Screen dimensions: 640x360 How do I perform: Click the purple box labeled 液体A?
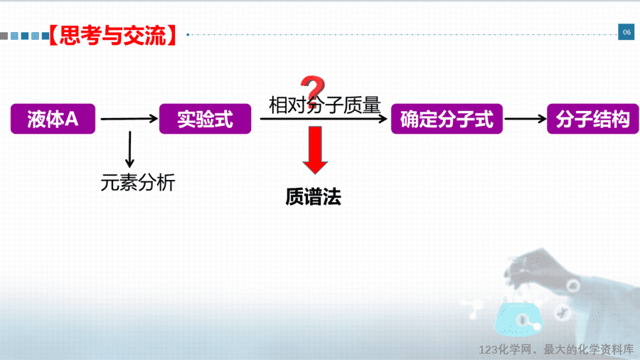53,119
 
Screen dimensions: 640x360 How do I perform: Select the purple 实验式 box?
206,119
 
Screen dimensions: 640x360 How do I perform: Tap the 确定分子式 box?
447,119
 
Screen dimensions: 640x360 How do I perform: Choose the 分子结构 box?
592,119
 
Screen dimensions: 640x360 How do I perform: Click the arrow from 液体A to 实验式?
129,119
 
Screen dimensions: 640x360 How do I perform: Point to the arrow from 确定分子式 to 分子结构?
526,119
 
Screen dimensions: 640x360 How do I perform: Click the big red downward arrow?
315,150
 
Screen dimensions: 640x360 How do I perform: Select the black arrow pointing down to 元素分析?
130,149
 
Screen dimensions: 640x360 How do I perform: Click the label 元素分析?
138,182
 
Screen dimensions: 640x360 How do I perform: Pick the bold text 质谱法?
314,197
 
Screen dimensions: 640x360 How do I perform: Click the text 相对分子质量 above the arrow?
325,105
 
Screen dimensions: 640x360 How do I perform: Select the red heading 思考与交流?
113,35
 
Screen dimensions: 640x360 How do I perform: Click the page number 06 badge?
626,32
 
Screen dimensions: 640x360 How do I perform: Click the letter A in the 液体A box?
71,120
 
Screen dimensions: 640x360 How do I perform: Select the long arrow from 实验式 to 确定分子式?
324,119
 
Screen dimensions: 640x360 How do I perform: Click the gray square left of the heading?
4,36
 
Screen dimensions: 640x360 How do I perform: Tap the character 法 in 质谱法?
332,197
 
